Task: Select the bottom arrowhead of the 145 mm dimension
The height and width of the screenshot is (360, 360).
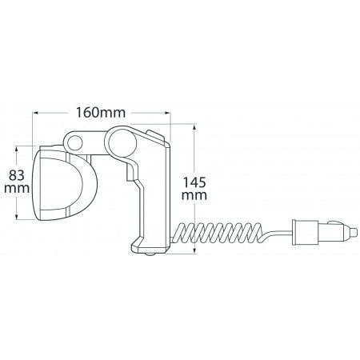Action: tap(194, 250)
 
